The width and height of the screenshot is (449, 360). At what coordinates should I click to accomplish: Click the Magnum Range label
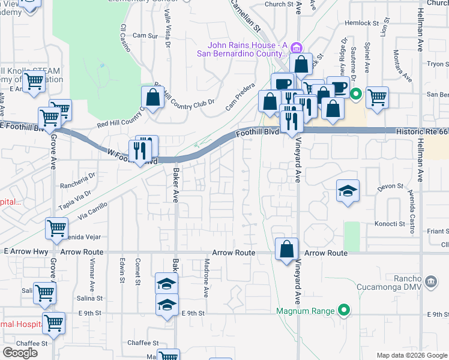pos(306,311)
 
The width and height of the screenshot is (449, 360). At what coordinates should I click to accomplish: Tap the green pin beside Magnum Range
pos(343,310)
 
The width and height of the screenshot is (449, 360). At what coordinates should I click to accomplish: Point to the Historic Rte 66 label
pos(422,130)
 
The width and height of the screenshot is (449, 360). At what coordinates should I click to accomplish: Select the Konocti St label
pos(391,224)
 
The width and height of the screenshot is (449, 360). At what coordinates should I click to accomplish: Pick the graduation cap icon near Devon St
pos(348,191)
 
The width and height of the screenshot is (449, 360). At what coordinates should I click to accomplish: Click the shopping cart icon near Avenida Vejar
pos(56,228)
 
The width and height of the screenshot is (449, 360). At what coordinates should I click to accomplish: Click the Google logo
pos(20,353)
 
